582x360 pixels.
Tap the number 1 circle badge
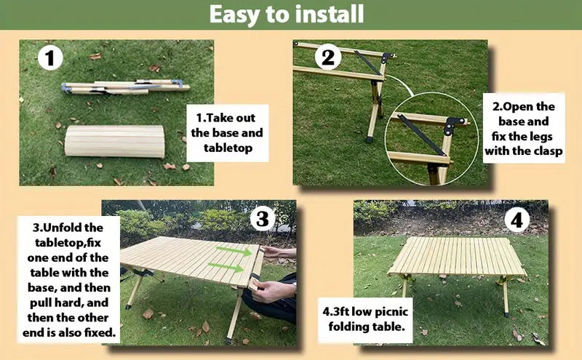[50, 58]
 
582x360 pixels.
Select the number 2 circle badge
[328, 57]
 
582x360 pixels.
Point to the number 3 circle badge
[263, 219]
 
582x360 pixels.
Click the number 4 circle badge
[517, 220]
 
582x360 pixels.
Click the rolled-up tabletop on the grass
[115, 141]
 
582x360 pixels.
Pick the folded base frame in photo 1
[125, 87]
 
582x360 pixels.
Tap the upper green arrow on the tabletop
[234, 251]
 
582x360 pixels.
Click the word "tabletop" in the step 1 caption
[228, 148]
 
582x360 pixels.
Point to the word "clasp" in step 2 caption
[548, 151]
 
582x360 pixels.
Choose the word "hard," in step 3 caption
[68, 303]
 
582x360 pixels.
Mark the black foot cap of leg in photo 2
[370, 140]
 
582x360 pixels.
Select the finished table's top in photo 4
[458, 256]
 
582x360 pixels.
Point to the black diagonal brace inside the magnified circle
[422, 135]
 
